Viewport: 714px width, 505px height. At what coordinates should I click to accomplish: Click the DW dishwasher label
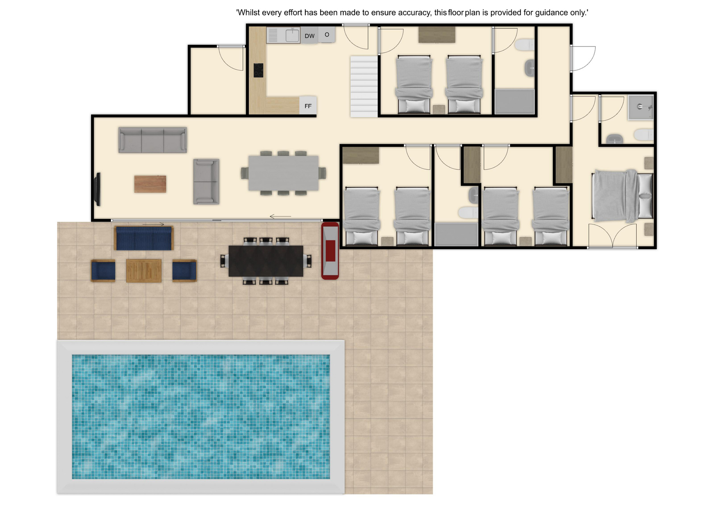pyautogui.click(x=309, y=36)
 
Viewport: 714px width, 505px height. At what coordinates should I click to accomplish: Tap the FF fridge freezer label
pyautogui.click(x=308, y=106)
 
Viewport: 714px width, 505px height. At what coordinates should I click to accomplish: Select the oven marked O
pyautogui.click(x=327, y=35)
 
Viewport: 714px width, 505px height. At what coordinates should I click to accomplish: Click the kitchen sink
pyautogui.click(x=292, y=35)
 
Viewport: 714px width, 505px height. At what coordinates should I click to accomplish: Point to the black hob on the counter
pyautogui.click(x=258, y=70)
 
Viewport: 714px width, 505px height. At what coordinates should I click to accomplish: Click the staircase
pyautogui.click(x=364, y=86)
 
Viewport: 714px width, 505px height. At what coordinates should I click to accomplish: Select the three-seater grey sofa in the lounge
pyautogui.click(x=152, y=140)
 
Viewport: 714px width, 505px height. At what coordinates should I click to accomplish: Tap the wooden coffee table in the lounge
pyautogui.click(x=150, y=184)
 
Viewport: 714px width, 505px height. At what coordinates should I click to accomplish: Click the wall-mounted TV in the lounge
pyautogui.click(x=98, y=189)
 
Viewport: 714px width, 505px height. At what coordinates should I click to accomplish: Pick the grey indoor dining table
pyautogui.click(x=283, y=173)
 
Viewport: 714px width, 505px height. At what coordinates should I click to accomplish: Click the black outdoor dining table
pyautogui.click(x=266, y=261)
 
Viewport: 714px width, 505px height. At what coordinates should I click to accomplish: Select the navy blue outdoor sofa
pyautogui.click(x=144, y=238)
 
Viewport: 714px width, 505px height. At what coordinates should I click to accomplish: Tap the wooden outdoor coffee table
pyautogui.click(x=144, y=271)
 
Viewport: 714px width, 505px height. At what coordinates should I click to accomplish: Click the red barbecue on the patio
pyautogui.click(x=330, y=251)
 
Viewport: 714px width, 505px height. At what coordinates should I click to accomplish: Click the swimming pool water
pyautogui.click(x=201, y=416)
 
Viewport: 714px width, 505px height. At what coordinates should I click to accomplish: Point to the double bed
pyautogui.click(x=623, y=196)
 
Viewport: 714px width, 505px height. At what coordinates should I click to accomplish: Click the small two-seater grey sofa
pyautogui.click(x=206, y=181)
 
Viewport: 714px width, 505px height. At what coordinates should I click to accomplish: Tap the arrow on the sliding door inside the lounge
pyautogui.click(x=280, y=216)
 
